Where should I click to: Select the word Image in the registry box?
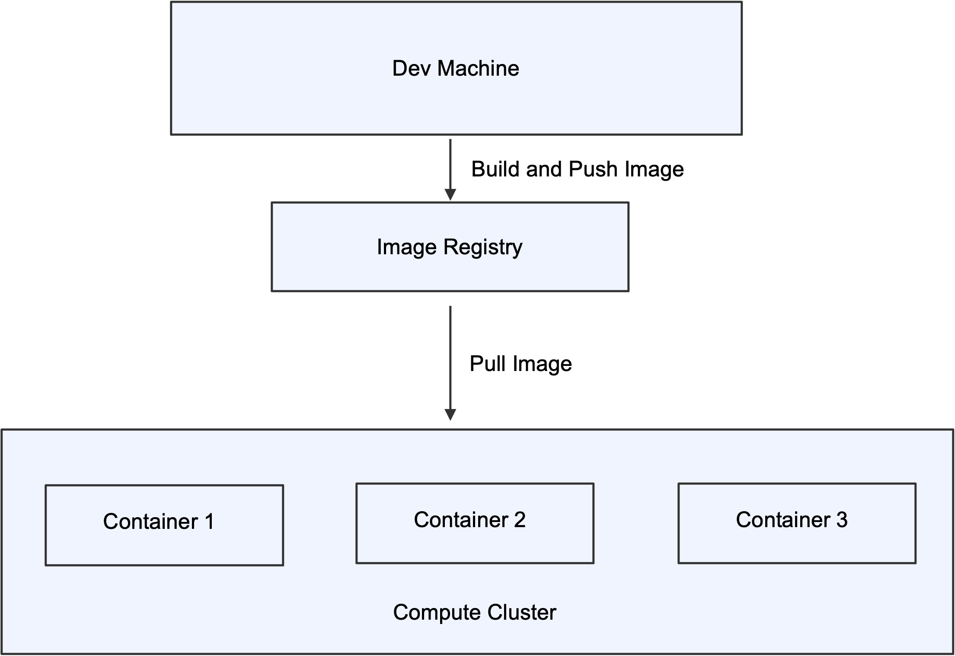406,247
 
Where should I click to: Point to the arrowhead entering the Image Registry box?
450,195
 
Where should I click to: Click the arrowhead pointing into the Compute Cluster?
450,415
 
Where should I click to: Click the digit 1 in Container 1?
210,522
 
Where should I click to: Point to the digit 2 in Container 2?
519,520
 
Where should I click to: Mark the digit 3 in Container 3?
841,520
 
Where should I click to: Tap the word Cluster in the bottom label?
521,612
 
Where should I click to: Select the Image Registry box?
450,272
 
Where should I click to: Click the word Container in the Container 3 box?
783,520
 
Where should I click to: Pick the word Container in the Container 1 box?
150,522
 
